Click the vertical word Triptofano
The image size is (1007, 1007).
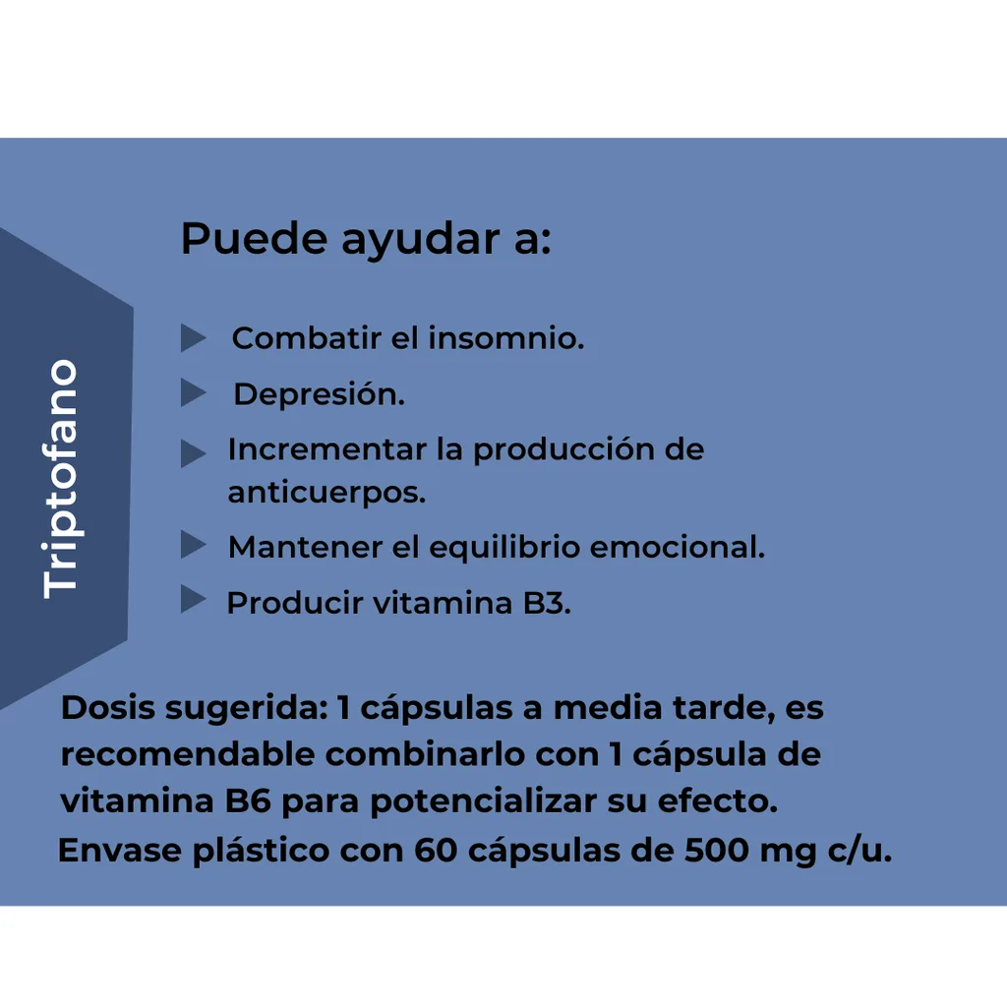click(60, 479)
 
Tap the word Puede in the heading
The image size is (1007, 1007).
click(255, 238)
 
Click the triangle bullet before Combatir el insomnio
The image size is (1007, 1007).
click(194, 338)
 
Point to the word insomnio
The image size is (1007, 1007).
click(506, 338)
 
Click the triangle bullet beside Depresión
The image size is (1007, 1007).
click(194, 392)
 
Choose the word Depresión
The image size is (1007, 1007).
click(320, 394)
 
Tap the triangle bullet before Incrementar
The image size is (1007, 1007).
click(194, 452)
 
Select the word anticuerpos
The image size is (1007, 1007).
click(326, 494)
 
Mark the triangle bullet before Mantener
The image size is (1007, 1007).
click(194, 544)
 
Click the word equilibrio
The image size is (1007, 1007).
click(504, 549)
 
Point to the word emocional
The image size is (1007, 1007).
click(678, 547)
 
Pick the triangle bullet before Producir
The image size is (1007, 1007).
click(194, 599)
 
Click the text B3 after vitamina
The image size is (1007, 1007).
click(547, 603)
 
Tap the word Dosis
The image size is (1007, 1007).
click(108, 708)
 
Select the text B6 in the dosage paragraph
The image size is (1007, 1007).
click(248, 801)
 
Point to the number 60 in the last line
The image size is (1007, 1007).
click(436, 851)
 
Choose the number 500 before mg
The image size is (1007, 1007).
click(717, 851)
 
